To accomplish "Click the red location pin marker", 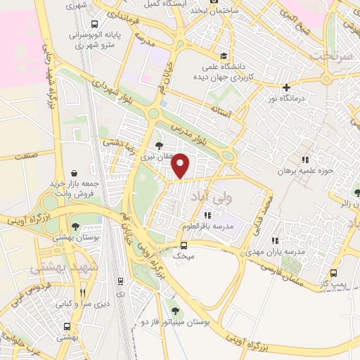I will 181,165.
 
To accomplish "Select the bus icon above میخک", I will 184,245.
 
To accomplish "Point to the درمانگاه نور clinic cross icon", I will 286,88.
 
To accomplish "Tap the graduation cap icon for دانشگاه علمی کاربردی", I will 224,56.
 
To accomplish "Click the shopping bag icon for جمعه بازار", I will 75,172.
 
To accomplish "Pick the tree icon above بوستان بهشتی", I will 75,226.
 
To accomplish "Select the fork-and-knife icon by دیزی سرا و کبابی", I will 82,292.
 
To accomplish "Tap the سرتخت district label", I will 330,55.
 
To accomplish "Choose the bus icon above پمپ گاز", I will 334,273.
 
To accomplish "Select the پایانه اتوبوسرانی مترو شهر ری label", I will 95,38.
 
